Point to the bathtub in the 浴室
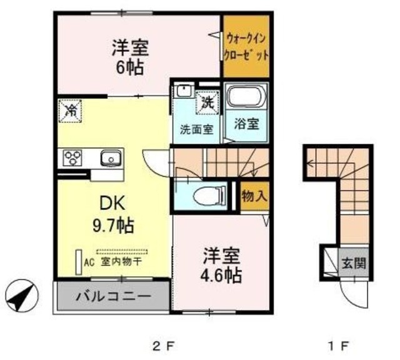pyautogui.click(x=246, y=97)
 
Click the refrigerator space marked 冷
pyautogui.click(x=71, y=112)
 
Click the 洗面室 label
pyautogui.click(x=197, y=130)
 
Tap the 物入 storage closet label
pyautogui.click(x=254, y=196)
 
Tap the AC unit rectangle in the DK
pyautogui.click(x=79, y=262)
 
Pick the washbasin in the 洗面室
pyautogui.click(x=184, y=91)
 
